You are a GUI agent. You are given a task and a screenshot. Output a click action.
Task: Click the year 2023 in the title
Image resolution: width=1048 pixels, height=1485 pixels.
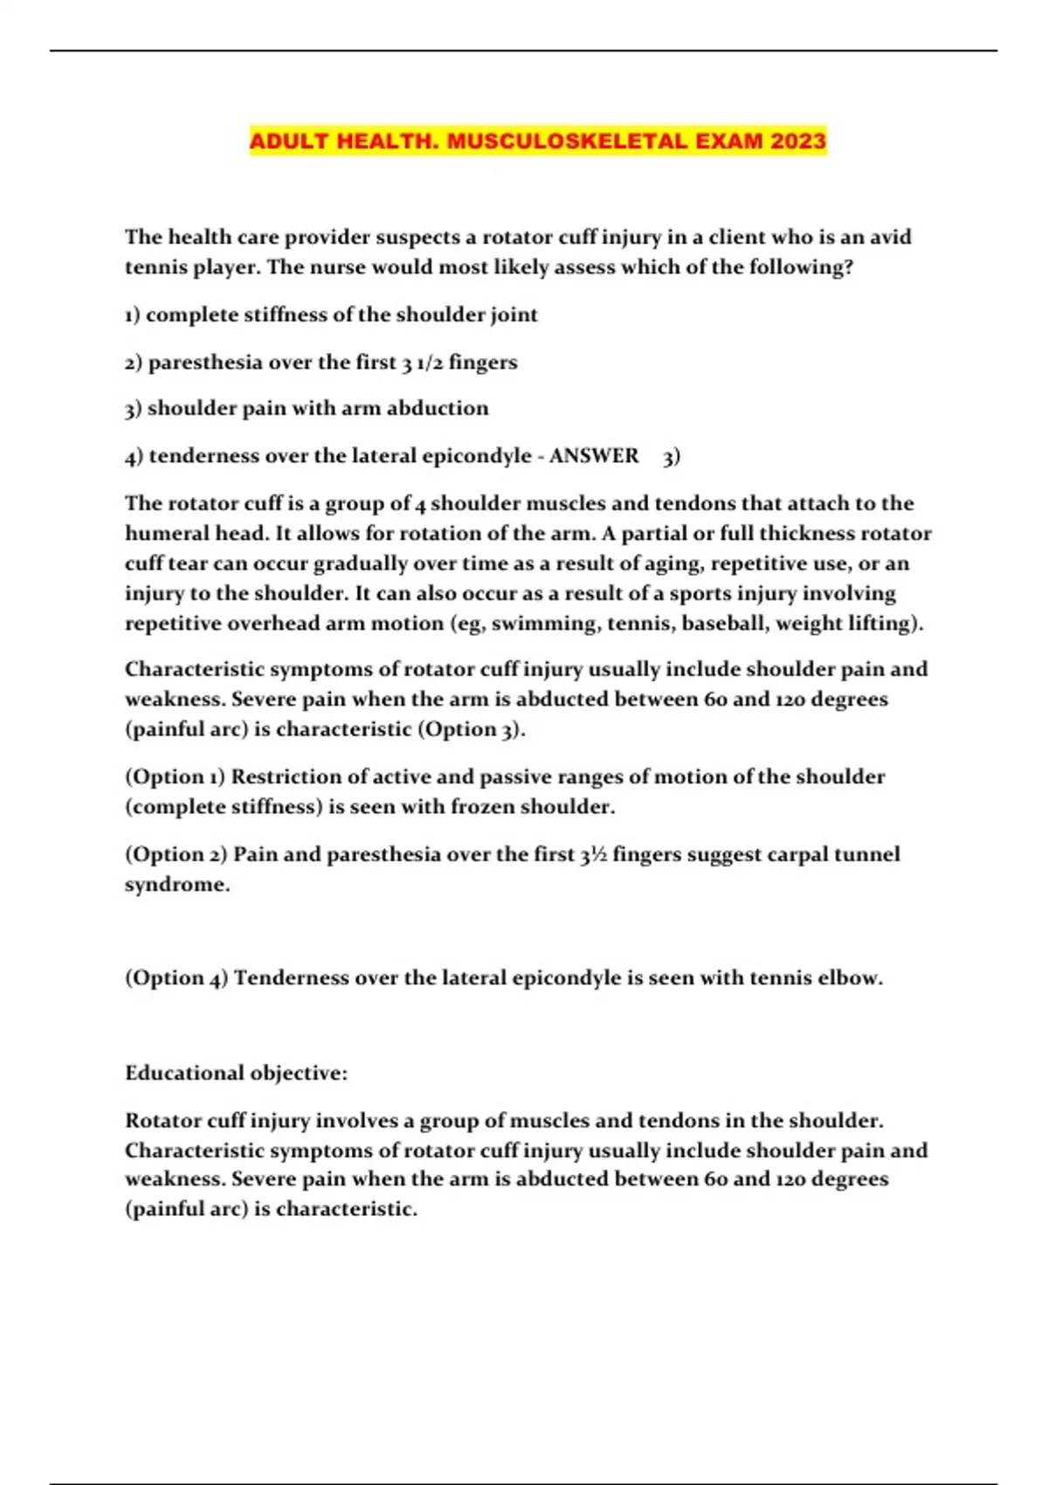click(798, 141)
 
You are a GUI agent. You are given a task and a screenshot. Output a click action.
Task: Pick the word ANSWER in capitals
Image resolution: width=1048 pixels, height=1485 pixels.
click(594, 455)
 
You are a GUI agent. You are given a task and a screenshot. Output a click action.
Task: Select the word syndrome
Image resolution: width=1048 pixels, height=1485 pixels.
click(176, 884)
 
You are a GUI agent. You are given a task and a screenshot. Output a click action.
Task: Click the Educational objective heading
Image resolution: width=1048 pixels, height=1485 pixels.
click(236, 1073)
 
